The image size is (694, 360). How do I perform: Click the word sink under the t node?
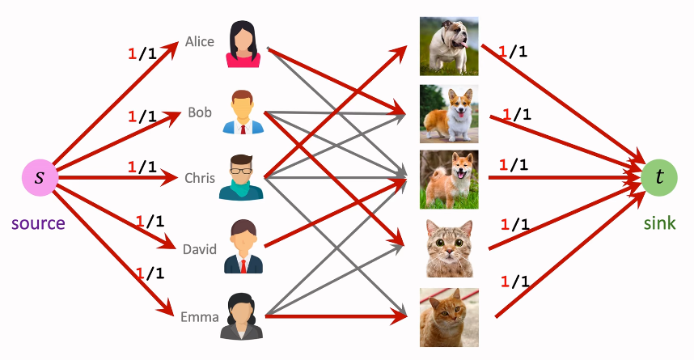click(x=659, y=222)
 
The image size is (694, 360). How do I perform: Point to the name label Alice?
click(x=200, y=40)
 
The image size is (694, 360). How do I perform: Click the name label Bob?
click(x=200, y=112)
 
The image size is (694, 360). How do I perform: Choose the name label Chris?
click(x=198, y=177)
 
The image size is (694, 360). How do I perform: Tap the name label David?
click(x=200, y=248)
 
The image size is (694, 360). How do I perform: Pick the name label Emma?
click(x=200, y=316)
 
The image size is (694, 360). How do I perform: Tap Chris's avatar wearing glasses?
click(x=241, y=177)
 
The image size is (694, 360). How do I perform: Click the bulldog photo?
click(x=449, y=46)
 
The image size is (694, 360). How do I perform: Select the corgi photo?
click(x=449, y=113)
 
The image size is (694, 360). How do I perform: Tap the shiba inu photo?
click(x=449, y=180)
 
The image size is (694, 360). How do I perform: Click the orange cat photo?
click(x=449, y=317)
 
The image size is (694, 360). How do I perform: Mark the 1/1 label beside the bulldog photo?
click(x=513, y=53)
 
